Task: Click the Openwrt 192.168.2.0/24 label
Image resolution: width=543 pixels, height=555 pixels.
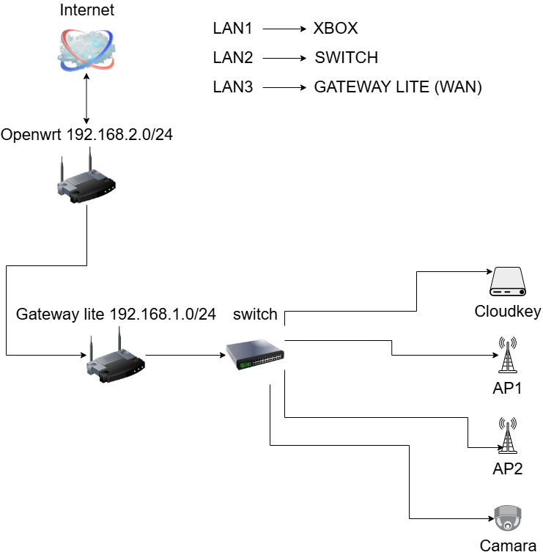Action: [87, 135]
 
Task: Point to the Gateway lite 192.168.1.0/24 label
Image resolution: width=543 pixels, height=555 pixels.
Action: [116, 315]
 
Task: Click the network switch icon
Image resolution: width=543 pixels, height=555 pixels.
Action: [255, 355]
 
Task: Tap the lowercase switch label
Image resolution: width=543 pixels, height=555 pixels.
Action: [255, 315]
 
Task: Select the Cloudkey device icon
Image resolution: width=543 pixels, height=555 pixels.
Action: [508, 283]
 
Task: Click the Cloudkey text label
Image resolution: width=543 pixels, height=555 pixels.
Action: [508, 312]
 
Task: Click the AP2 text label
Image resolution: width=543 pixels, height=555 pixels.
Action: [507, 469]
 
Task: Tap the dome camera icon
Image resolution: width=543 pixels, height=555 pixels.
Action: [507, 518]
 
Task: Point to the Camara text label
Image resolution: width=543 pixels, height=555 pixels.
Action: [508, 546]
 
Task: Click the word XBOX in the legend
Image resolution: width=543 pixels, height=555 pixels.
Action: [336, 29]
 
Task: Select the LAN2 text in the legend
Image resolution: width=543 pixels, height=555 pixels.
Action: [233, 58]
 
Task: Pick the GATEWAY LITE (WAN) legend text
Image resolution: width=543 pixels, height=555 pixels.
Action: [398, 87]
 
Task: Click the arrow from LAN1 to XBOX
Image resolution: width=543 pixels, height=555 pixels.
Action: [283, 29]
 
